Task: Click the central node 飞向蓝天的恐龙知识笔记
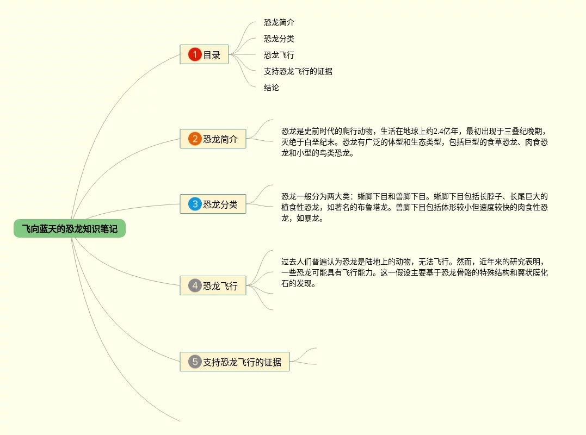70,229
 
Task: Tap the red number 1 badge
195,54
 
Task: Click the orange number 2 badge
195,139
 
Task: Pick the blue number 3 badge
195,204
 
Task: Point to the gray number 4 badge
195,285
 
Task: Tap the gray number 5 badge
195,362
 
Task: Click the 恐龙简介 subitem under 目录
279,22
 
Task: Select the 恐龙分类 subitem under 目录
279,39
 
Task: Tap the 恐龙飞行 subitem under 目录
279,55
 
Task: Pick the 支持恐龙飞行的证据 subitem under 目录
298,71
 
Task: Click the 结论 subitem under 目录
272,88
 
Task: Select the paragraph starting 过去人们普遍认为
414,272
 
